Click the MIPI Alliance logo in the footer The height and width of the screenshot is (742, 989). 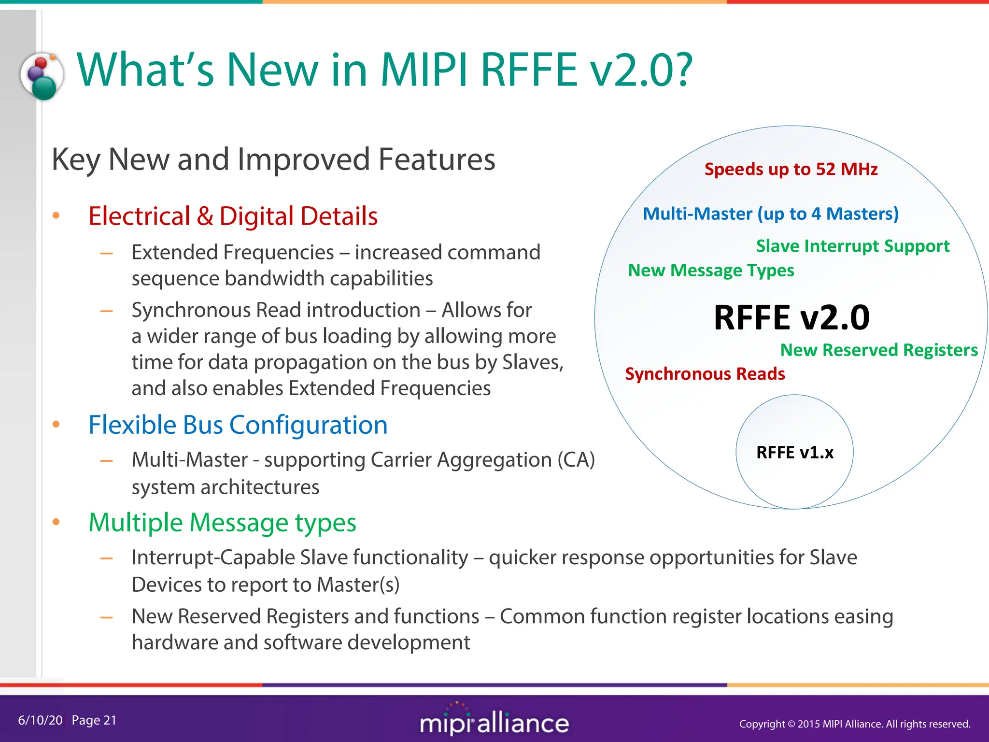click(x=494, y=721)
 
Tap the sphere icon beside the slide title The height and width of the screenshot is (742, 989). click(x=42, y=76)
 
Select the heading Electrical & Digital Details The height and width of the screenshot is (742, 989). click(x=233, y=216)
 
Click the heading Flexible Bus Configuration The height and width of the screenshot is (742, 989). click(x=238, y=425)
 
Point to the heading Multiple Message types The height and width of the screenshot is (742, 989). click(x=222, y=523)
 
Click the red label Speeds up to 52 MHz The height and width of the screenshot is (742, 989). click(x=791, y=169)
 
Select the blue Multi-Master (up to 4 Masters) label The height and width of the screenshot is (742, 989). click(x=770, y=214)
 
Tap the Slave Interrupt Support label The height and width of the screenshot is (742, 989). click(x=852, y=246)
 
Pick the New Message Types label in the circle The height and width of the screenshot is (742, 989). click(x=711, y=270)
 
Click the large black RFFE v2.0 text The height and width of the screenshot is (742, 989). click(x=791, y=317)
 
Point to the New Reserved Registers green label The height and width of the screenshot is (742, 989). click(x=878, y=350)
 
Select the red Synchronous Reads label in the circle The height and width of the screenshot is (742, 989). click(x=705, y=374)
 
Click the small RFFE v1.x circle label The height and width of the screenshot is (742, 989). click(x=794, y=452)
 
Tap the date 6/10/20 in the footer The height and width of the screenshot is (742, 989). click(x=40, y=720)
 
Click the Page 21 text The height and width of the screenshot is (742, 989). click(x=94, y=720)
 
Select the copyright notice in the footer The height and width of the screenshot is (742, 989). click(x=854, y=724)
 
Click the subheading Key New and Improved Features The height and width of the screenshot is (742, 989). click(x=273, y=159)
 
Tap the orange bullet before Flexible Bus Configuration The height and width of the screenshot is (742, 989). click(x=56, y=425)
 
